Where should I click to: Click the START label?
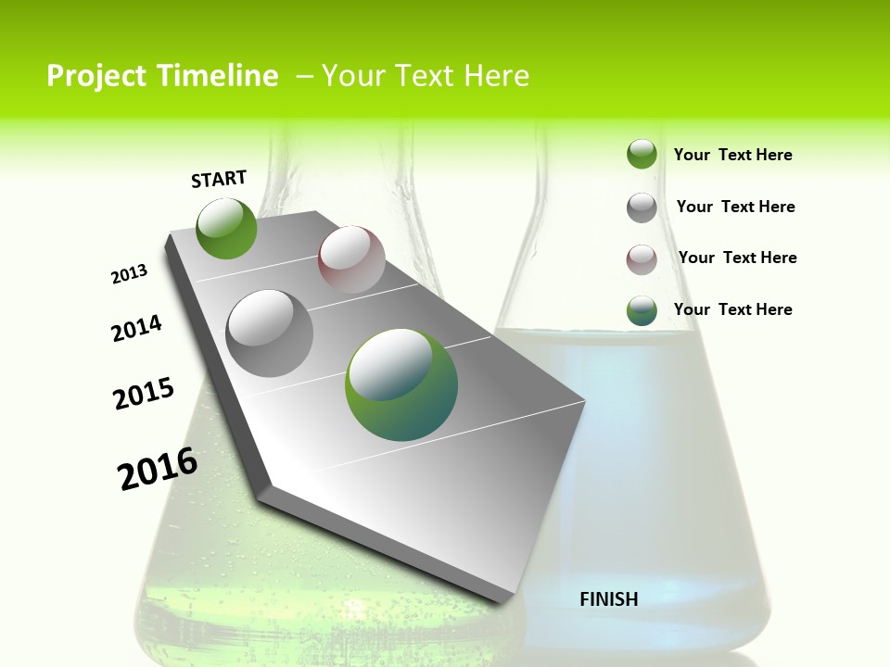(219, 179)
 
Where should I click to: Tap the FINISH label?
(608, 599)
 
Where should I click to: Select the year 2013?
(129, 273)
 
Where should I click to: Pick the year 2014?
(136, 328)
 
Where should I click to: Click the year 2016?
(158, 469)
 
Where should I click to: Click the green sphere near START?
(226, 228)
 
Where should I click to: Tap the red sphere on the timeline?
(351, 258)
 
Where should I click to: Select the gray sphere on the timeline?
(269, 333)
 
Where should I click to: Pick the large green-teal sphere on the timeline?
(401, 384)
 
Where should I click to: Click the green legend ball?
(642, 154)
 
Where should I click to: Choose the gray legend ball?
(642, 208)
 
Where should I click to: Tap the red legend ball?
(642, 259)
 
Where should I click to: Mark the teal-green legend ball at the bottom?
(642, 310)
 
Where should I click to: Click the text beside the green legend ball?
(732, 155)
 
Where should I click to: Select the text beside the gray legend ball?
(735, 207)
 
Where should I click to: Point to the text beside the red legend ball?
(737, 258)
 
